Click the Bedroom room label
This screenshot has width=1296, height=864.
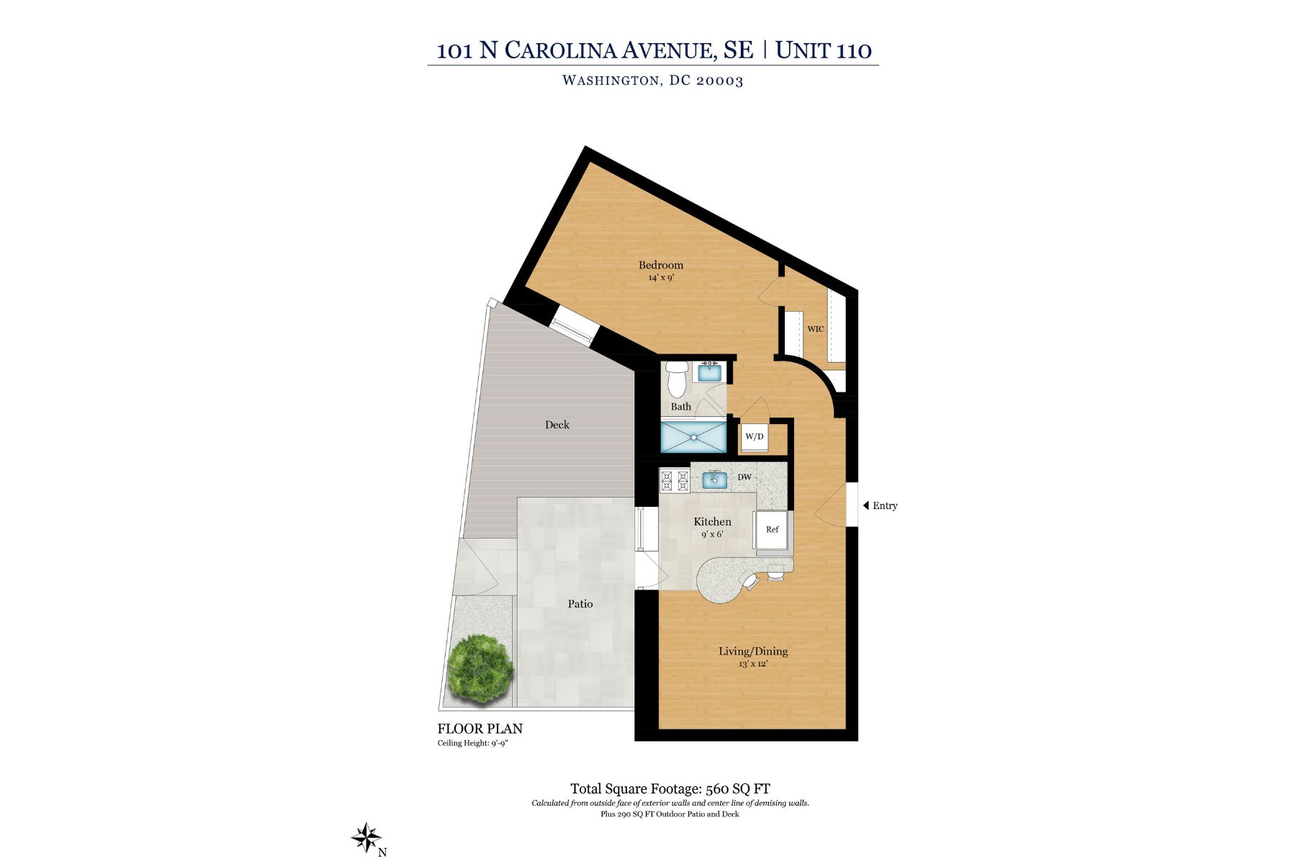[660, 265]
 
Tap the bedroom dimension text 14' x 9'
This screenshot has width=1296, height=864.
[660, 278]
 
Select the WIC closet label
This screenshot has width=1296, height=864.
[815, 329]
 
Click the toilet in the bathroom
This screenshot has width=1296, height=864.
[676, 379]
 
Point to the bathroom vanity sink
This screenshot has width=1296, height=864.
[709, 372]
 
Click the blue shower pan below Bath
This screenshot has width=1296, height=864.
[693, 437]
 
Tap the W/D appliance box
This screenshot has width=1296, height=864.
[754, 436]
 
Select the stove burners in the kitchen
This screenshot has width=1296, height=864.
[675, 481]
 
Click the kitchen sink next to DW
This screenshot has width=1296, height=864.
[714, 479]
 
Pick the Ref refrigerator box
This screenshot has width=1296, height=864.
[771, 530]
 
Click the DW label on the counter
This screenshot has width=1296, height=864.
[744, 477]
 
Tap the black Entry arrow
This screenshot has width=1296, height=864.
[866, 505]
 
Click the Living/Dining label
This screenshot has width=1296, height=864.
[752, 651]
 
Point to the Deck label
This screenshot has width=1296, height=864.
[557, 425]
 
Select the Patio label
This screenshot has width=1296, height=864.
[580, 604]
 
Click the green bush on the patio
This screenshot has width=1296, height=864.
[480, 668]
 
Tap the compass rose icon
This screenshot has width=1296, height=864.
[366, 838]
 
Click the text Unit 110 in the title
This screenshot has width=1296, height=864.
[823, 50]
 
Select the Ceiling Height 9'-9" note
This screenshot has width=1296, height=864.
[472, 743]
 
